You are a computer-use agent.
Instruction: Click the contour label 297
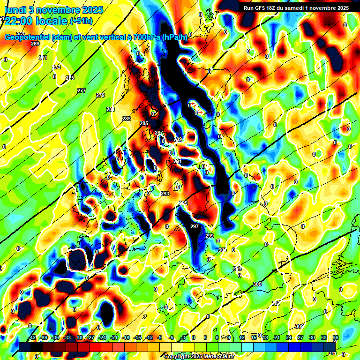point(195,226)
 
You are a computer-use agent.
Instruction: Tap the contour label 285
point(144,123)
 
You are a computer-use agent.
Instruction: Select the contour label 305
point(257,285)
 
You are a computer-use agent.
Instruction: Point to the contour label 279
point(100,95)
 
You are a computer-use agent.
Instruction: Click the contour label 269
point(35,44)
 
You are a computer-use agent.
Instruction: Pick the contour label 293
point(165,194)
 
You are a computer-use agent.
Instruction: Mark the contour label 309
point(300,326)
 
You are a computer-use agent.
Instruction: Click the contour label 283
point(127,119)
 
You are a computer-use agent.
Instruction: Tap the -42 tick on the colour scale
point(32,337)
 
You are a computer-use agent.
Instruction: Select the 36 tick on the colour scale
point(335,337)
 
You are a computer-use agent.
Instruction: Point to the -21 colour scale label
point(114,337)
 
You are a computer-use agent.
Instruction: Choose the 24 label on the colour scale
point(288,337)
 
